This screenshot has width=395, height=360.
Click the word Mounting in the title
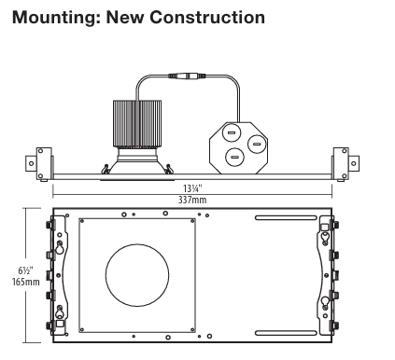point(54,18)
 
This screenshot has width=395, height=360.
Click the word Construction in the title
point(207,17)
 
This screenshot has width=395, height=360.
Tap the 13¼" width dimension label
point(192,188)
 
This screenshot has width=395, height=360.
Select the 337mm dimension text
point(192,200)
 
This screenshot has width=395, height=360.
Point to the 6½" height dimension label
point(25,270)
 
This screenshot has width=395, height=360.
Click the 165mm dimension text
point(26,282)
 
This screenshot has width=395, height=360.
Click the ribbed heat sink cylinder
point(137,123)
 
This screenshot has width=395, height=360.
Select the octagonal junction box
point(238,147)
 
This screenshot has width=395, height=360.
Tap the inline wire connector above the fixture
point(187,76)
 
